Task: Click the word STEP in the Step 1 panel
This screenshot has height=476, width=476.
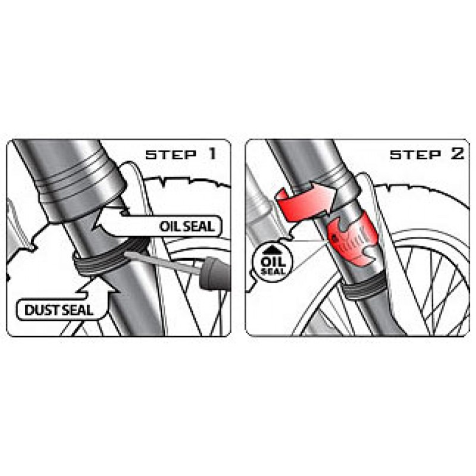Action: (171, 155)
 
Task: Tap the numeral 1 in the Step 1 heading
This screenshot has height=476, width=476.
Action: (212, 154)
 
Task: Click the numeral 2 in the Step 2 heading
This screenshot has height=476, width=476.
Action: (458, 154)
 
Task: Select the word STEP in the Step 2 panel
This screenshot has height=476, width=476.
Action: (415, 155)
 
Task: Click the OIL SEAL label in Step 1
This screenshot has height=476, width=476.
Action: (187, 227)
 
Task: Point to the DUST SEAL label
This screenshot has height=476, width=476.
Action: (58, 310)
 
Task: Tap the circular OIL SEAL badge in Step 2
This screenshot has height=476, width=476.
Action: (273, 262)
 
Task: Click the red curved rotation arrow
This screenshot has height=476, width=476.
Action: (306, 202)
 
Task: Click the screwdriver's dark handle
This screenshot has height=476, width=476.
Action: (215, 275)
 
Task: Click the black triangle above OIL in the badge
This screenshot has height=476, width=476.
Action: (273, 250)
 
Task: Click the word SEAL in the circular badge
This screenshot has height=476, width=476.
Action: (273, 271)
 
